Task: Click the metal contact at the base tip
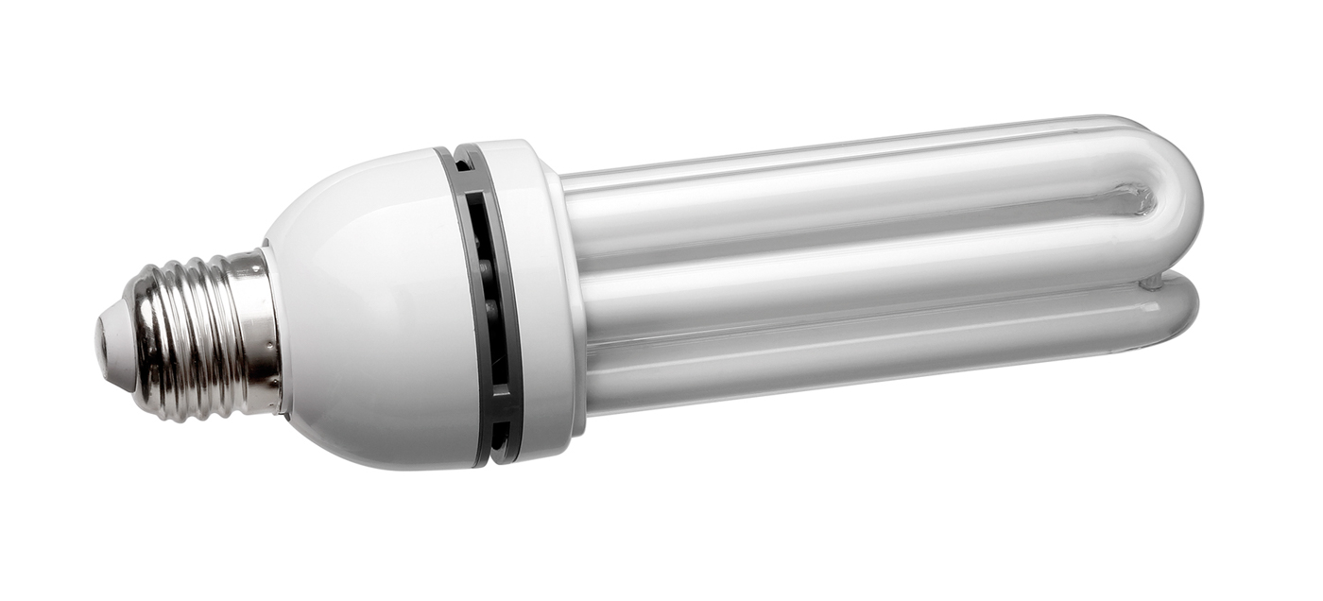coord(100,341)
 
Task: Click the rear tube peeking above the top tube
coord(850,156)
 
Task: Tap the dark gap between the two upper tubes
coord(850,248)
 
